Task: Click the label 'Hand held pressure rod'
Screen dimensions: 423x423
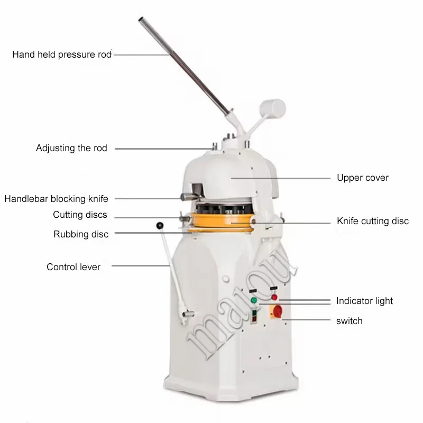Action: coord(62,54)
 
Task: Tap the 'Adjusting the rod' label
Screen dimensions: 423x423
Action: coord(71,148)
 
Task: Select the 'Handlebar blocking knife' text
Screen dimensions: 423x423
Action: coord(57,199)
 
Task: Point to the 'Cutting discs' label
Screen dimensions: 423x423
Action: coord(80,215)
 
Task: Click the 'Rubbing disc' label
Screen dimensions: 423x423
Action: coord(81,234)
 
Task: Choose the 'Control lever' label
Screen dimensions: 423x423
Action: coord(73,267)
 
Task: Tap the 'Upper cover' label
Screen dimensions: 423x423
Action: coord(363,178)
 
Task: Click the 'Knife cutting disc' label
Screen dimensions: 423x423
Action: coord(373,221)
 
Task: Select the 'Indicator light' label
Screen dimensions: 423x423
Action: coord(365,301)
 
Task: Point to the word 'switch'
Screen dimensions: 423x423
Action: coord(350,320)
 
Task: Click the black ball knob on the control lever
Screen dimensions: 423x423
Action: coord(160,226)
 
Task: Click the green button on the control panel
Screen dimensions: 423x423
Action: coord(254,301)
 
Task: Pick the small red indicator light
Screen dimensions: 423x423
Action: coord(274,297)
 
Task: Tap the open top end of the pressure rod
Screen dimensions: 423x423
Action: coord(142,21)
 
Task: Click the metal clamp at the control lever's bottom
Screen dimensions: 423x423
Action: coord(185,316)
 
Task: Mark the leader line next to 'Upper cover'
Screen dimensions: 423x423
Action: coord(280,178)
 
